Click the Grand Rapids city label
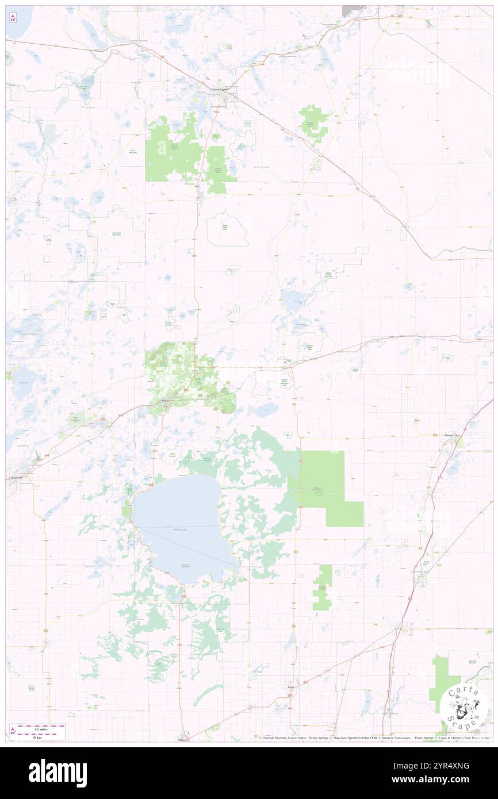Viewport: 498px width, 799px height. click(x=220, y=90)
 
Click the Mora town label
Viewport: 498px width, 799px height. click(x=291, y=687)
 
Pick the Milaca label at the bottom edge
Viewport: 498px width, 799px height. click(x=183, y=740)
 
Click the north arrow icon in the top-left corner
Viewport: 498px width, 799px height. click(x=13, y=18)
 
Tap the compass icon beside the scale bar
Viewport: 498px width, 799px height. click(x=13, y=731)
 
